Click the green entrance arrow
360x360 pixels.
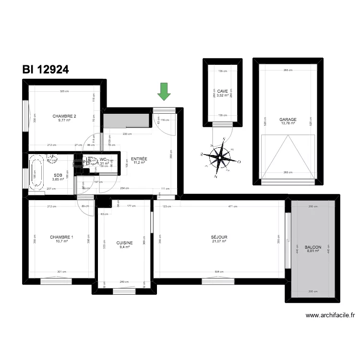[164, 91]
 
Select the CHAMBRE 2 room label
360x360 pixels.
[64, 116]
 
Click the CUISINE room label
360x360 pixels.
[124, 243]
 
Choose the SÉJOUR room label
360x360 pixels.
[219, 237]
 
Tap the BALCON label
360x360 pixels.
[313, 247]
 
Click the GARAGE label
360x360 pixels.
[288, 120]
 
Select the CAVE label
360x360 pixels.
[222, 91]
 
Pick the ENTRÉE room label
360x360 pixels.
[139, 158]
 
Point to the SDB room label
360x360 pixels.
[58, 175]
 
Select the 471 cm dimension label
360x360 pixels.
[232, 206]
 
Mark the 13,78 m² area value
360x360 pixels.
[288, 123]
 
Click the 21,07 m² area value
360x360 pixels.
[219, 241]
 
